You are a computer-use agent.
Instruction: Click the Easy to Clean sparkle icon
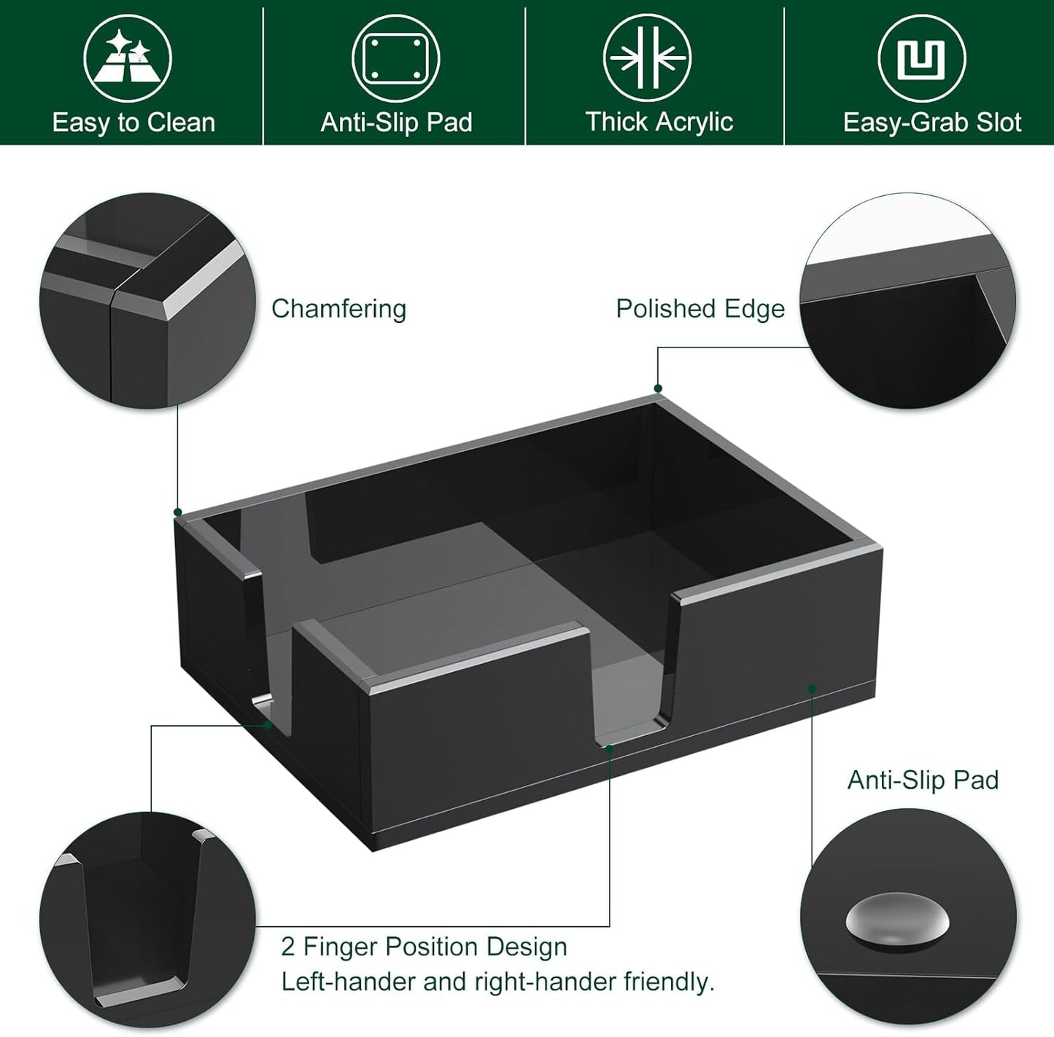[x=128, y=58]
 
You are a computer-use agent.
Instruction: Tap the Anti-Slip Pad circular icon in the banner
[x=396, y=58]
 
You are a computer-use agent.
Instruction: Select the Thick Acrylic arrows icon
[x=648, y=58]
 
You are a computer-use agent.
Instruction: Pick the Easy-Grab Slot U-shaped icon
[x=922, y=59]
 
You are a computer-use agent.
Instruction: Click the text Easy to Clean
[x=133, y=122]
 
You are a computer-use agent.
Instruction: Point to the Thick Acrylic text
[x=659, y=122]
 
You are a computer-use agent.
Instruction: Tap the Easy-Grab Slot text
[x=932, y=122]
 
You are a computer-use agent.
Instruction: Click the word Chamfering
[x=338, y=309]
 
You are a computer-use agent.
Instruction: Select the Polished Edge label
[x=700, y=309]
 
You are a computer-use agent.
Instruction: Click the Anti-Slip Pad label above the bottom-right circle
[x=923, y=780]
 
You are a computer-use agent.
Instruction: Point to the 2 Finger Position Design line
[x=424, y=947]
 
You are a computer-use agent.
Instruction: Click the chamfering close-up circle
[x=149, y=300]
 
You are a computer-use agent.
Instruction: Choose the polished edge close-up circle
[x=907, y=300]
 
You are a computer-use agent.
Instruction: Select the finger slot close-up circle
[x=147, y=920]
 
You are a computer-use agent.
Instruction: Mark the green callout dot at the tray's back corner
[x=658, y=388]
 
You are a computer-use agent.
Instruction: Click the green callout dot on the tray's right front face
[x=812, y=686]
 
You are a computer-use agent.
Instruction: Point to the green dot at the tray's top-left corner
[x=178, y=512]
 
